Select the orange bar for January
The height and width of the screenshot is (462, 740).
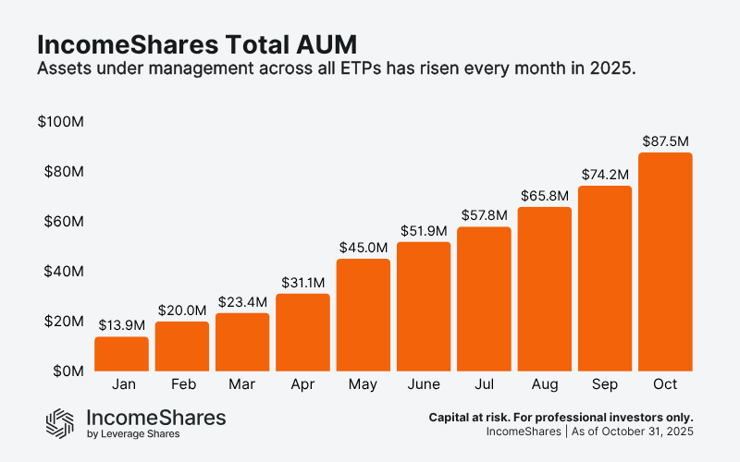(121, 354)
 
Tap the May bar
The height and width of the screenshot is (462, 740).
(363, 315)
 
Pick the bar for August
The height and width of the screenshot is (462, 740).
(544, 289)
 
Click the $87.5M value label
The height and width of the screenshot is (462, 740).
(665, 141)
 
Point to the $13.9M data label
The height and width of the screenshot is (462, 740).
(121, 325)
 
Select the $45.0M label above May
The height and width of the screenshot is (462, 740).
(363, 248)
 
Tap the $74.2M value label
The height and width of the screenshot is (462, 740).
(605, 175)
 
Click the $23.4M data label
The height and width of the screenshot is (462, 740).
(242, 302)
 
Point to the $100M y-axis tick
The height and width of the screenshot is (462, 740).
(59, 122)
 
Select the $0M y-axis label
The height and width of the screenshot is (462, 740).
(67, 371)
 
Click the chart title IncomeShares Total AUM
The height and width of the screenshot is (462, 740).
(195, 43)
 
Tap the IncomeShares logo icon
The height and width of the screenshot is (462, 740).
(60, 422)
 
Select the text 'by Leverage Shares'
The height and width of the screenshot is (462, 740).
(132, 434)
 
